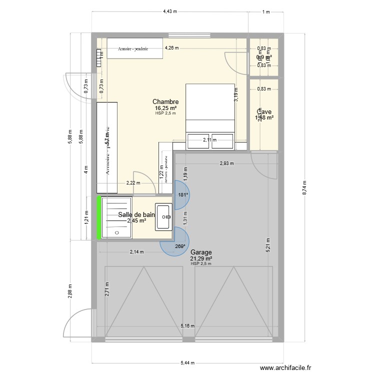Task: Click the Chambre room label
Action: coord(166,102)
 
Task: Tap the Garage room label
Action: coord(200,252)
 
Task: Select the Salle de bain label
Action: coord(133,214)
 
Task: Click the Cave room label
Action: coord(264,112)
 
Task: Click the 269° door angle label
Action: coord(180,246)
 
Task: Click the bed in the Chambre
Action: coord(210,110)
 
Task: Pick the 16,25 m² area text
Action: coord(166,108)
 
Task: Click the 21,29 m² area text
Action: coord(201,258)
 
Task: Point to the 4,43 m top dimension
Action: coord(170,12)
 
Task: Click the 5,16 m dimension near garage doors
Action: coord(187,326)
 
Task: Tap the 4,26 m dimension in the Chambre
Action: coord(171,48)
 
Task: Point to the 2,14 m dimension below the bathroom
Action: coord(136,252)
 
